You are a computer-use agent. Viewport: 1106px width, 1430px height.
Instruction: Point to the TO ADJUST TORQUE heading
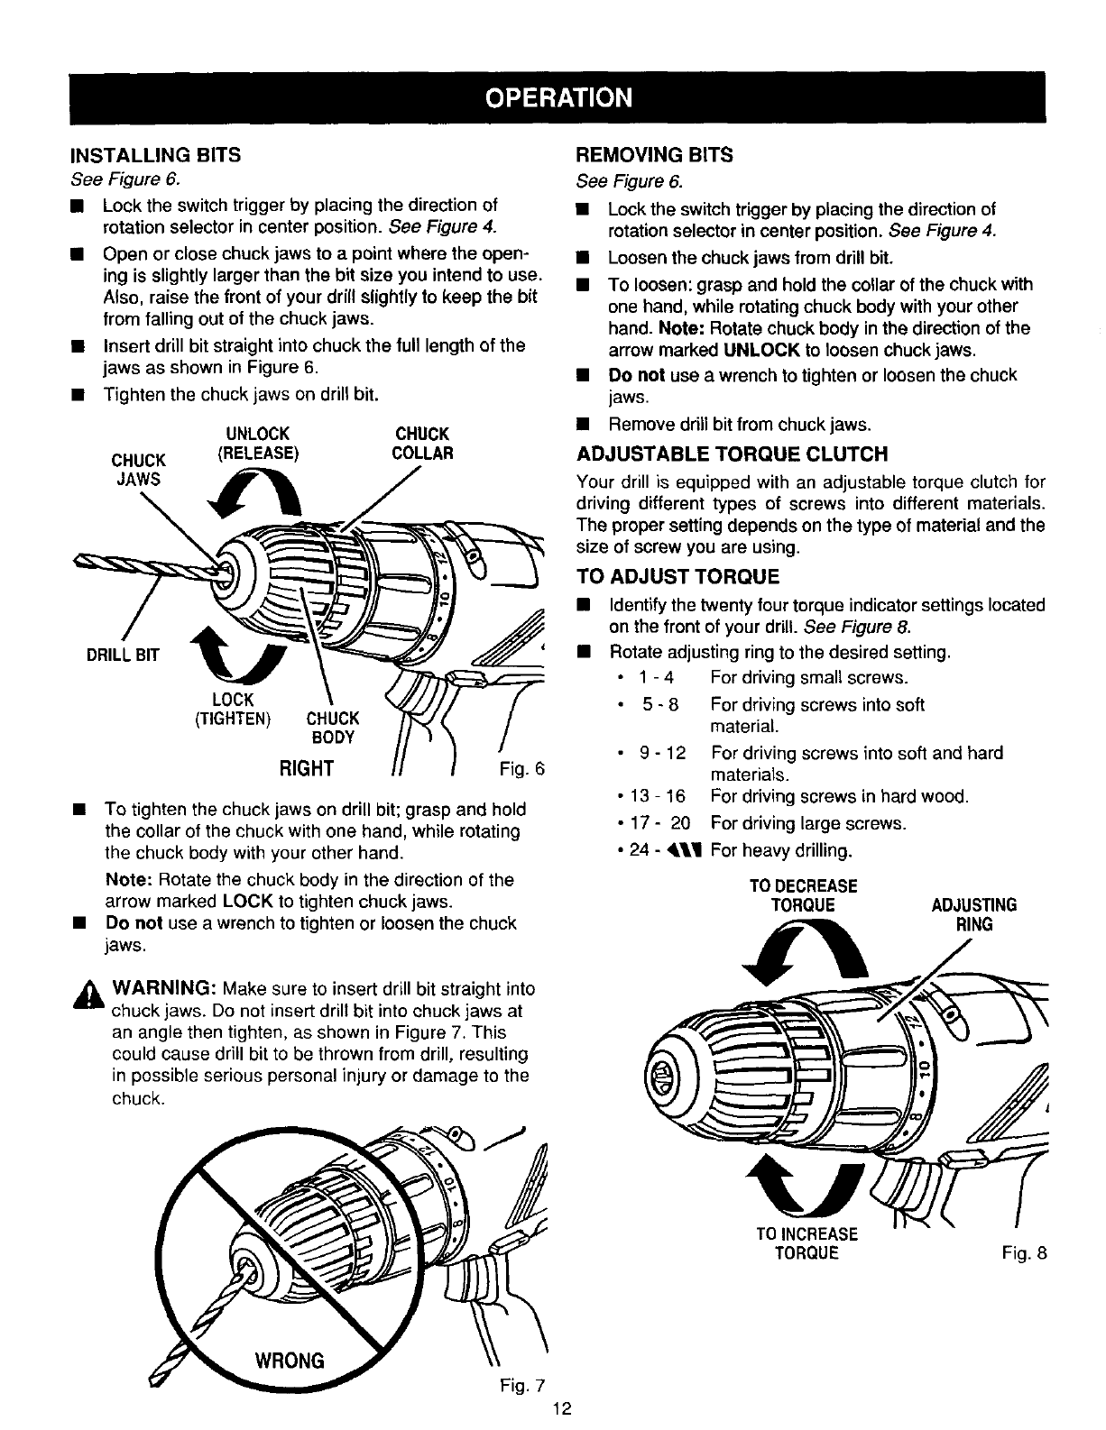point(677,576)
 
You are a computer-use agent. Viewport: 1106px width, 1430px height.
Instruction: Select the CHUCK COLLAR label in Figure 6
point(422,443)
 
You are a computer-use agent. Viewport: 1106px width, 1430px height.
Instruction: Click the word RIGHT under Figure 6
point(307,768)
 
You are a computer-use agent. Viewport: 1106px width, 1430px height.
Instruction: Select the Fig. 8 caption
point(1022,1253)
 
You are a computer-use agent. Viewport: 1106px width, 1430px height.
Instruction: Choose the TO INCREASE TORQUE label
point(806,1243)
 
